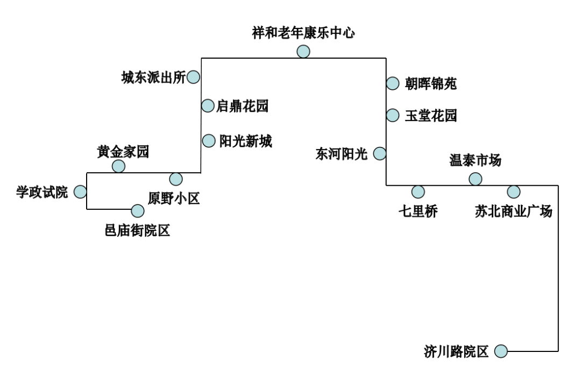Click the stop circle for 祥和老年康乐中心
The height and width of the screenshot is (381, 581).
pos(303,52)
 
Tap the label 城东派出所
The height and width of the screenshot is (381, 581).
pos(153,78)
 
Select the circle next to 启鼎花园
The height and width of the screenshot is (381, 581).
pos(208,105)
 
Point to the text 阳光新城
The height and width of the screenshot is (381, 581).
pos(245,142)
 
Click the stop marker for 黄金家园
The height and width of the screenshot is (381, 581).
pos(118,166)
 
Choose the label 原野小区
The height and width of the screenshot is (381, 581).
pos(174,199)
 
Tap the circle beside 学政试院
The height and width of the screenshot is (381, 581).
pos(80,192)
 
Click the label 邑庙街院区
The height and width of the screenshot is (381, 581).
pos(137,231)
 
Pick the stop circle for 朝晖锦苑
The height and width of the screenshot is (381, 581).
pos(393,83)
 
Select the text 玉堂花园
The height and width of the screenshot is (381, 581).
pos(431,116)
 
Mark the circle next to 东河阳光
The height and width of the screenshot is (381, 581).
pos(380,154)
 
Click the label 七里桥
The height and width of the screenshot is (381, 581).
pos(418,211)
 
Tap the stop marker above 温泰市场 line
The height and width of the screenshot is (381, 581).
pos(475,179)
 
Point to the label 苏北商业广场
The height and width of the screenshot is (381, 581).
pos(513,211)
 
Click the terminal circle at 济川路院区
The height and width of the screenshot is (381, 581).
pos(501,351)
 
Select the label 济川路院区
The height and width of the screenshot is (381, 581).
pos(456,352)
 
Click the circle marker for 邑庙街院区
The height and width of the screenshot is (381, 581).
pos(138,211)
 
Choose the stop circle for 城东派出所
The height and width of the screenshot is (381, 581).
pos(193,77)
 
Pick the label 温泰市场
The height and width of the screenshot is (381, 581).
pos(475,160)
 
